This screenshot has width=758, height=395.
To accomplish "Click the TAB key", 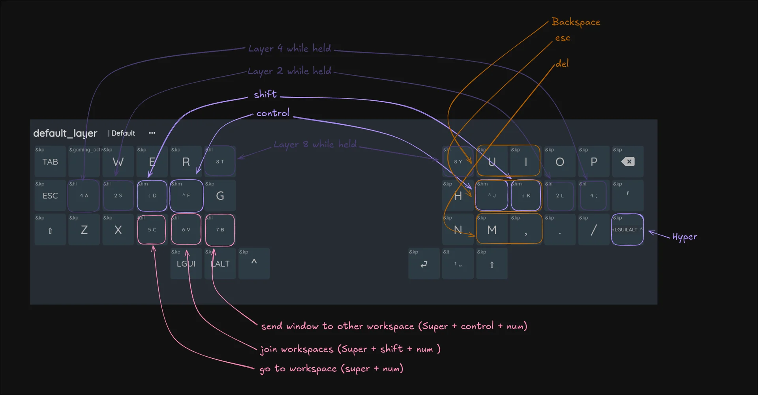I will (50, 162).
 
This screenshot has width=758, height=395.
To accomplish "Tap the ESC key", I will (50, 196).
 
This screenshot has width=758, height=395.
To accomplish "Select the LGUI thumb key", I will (186, 264).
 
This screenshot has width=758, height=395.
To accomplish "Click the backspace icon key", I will (628, 162).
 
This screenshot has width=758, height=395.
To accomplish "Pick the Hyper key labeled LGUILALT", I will (627, 229).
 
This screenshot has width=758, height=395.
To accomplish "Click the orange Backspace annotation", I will (576, 22).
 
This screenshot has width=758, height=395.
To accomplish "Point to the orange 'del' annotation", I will (562, 64).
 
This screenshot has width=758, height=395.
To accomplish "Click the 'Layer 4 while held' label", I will (289, 49).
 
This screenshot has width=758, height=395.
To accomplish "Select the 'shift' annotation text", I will (265, 94).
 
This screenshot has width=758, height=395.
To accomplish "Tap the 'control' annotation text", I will (273, 113).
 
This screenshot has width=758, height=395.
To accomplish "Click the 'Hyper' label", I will (685, 237).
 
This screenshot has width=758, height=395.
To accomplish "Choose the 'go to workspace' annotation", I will (331, 369).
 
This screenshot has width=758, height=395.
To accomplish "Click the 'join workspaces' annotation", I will (350, 349).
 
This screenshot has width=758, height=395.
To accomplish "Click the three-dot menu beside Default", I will (152, 133).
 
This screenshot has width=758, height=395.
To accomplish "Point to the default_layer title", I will (65, 133).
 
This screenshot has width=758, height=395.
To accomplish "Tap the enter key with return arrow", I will (424, 264).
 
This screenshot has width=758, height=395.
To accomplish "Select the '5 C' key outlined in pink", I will (152, 229).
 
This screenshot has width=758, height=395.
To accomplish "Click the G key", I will (220, 196).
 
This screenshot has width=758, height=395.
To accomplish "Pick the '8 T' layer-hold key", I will (220, 162).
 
